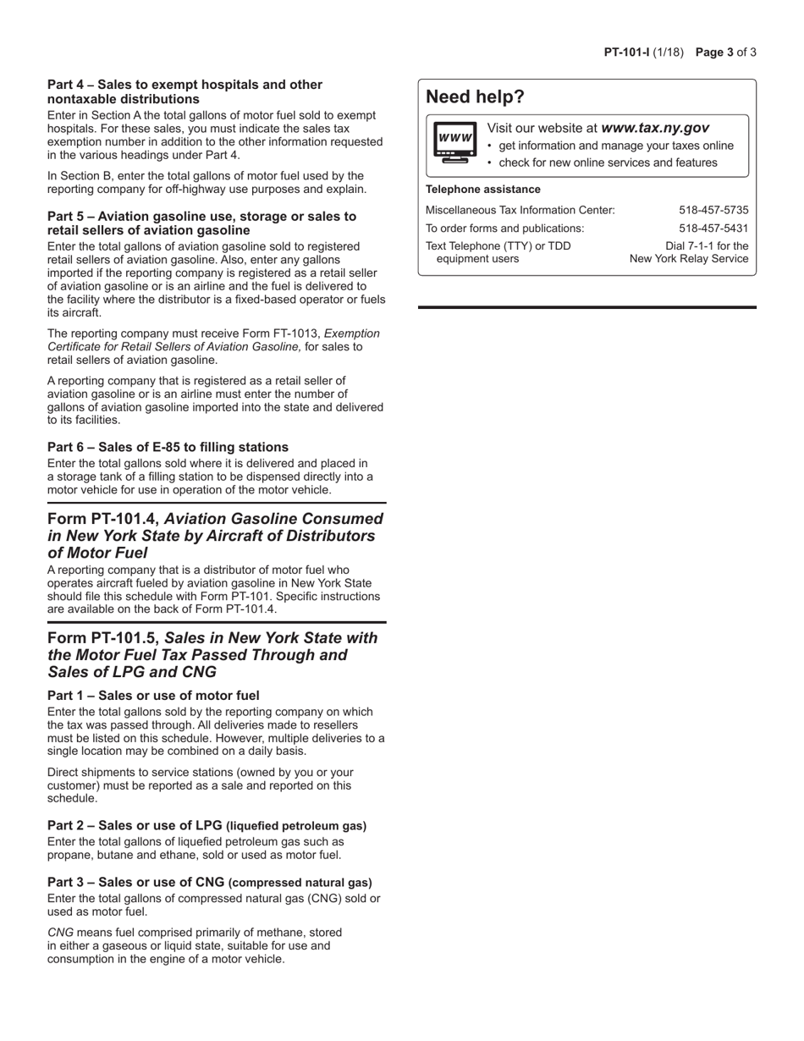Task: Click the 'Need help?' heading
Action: click(475, 97)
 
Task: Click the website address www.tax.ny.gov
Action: click(655, 128)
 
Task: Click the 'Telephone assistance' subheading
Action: click(482, 190)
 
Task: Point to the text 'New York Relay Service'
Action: click(689, 259)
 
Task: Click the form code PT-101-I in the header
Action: click(625, 52)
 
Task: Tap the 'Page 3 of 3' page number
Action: click(725, 52)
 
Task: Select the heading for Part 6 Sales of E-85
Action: click(168, 447)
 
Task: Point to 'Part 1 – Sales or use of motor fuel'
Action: click(153, 696)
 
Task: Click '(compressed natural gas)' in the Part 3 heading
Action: click(300, 883)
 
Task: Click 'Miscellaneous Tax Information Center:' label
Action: click(520, 210)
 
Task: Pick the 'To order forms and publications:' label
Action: click(504, 229)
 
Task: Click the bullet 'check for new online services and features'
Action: click(608, 162)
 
